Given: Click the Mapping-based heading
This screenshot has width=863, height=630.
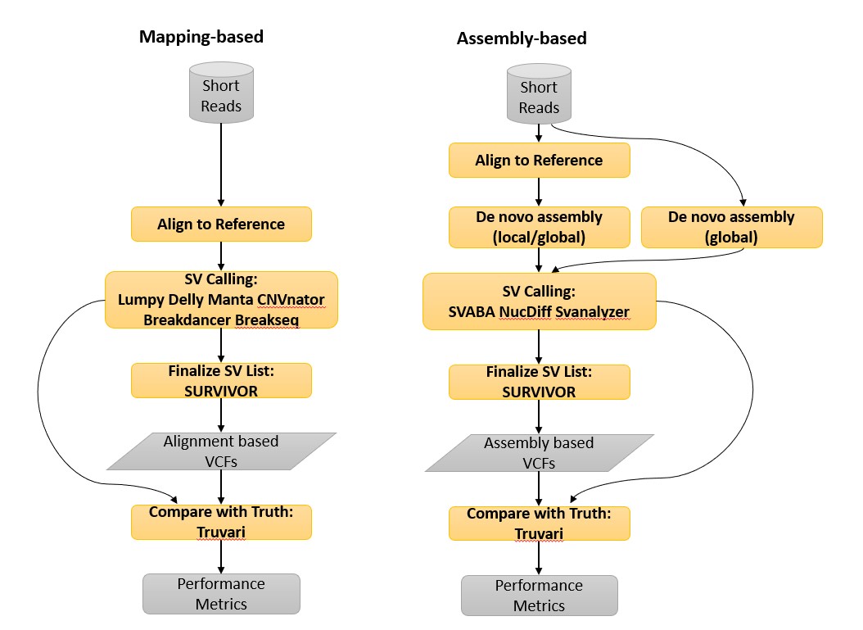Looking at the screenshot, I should [201, 37].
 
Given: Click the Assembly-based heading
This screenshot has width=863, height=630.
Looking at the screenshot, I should [521, 39].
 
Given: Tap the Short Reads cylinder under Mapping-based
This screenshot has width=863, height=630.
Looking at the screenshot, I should [221, 95].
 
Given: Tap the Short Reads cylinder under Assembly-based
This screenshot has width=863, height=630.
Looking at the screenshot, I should [539, 97].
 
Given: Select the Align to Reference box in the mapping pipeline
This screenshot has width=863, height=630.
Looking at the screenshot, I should [221, 224].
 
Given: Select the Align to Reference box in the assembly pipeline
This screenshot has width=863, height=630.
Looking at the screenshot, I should [539, 161].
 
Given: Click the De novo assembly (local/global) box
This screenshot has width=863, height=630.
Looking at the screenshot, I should [539, 227].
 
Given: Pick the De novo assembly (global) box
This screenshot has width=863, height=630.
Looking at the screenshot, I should [731, 227].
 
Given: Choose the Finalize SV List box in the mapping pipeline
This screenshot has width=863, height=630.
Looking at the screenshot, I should [221, 380].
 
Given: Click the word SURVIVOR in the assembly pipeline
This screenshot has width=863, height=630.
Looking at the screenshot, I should [539, 392].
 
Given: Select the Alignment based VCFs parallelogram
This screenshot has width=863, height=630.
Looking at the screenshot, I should [221, 451].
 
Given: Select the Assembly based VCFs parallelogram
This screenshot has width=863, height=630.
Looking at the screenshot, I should [539, 453].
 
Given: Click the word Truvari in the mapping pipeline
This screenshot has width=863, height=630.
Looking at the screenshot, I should [221, 531].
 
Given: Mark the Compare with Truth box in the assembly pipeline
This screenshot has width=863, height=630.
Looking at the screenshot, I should [539, 523].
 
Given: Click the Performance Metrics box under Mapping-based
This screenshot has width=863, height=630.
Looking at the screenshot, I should [221, 594].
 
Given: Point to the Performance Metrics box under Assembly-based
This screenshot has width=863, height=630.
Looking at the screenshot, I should [539, 596].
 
